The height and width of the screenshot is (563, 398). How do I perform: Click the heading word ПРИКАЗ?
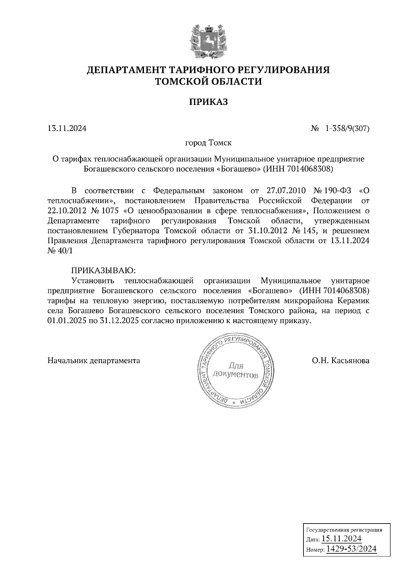pyautogui.click(x=208, y=102)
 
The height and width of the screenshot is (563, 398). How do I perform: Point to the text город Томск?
pyautogui.click(x=208, y=143)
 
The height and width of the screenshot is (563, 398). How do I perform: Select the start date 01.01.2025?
pyautogui.click(x=67, y=321)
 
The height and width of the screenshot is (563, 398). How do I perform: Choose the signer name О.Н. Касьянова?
pyautogui.click(x=340, y=360)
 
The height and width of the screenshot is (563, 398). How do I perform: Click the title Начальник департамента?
pyautogui.click(x=94, y=360)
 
